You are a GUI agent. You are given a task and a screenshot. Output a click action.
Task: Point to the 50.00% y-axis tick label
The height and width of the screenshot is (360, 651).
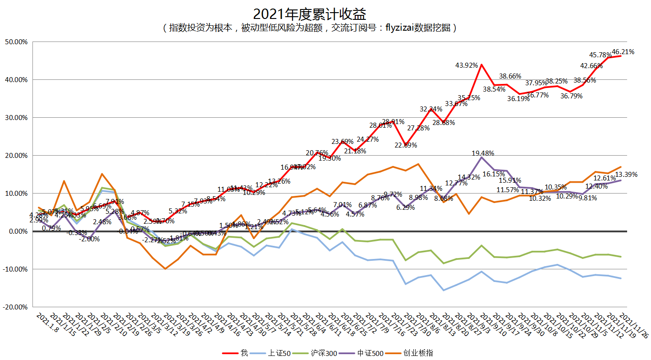coord(16,42)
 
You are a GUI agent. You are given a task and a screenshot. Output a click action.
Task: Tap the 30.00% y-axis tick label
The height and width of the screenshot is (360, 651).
coord(16,118)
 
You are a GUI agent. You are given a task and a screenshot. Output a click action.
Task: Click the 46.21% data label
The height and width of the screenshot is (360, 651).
coord(623,52)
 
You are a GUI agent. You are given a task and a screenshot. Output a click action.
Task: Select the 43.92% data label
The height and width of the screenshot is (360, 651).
coord(467,65)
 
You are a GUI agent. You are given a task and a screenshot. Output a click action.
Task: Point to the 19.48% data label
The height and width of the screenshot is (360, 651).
coord(483,153)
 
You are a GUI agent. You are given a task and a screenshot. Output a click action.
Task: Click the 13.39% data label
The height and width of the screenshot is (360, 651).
coord(626,175)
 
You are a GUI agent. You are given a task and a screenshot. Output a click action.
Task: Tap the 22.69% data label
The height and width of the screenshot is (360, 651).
coord(406,145)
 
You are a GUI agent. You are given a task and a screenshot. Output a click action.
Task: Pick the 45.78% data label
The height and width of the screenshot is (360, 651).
coord(601,55)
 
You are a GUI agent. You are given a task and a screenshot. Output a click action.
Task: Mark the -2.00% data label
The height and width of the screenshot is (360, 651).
coord(89,239)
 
